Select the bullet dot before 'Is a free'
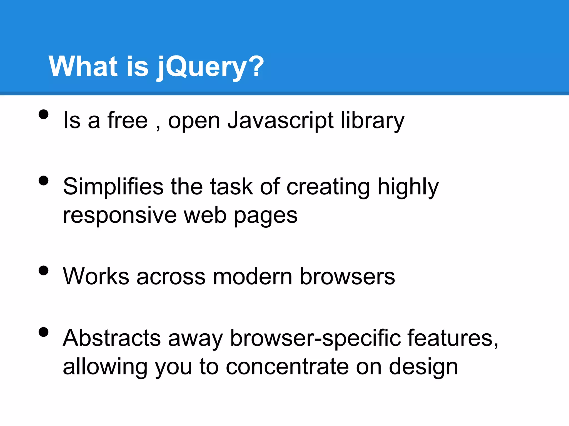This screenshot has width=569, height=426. point(44,114)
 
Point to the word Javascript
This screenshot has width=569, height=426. point(280,121)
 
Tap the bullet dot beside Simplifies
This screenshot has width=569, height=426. point(44,181)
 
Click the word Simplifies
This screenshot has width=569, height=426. point(113,187)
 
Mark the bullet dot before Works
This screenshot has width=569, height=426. point(44,270)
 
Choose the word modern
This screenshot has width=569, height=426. point(253,277)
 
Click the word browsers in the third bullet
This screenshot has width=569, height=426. point(347,277)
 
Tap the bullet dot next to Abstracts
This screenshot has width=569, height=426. point(44,332)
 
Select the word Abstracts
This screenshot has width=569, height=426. point(112,338)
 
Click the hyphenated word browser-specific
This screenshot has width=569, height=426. point(315,338)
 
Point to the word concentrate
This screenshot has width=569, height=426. point(287,367)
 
